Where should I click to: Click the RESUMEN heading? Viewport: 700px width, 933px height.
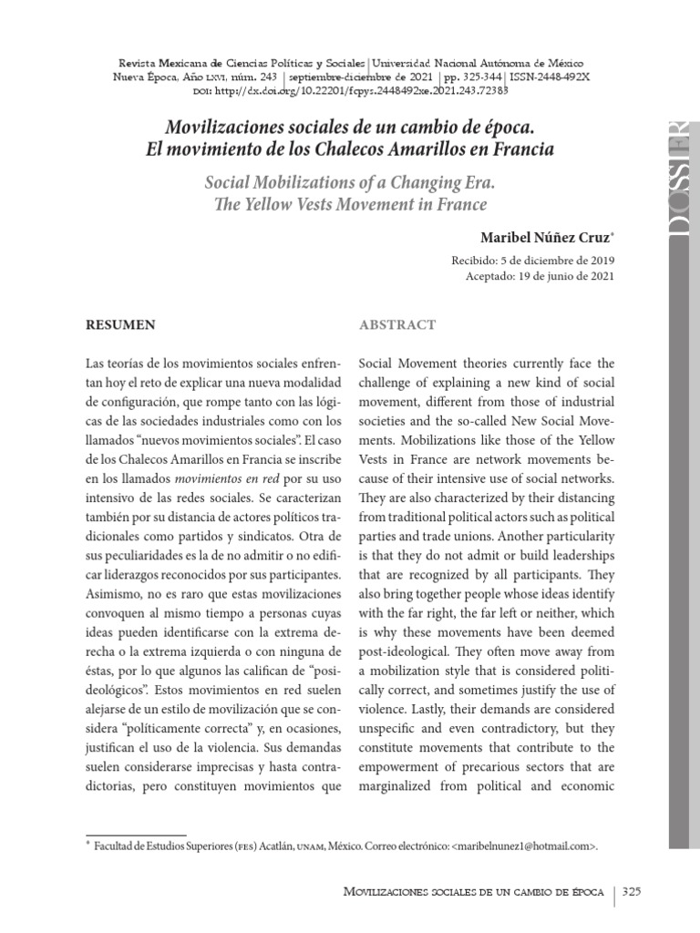pos(119,324)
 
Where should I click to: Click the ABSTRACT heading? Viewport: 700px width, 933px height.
pos(397,324)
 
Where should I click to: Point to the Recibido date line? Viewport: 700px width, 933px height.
pos(526,261)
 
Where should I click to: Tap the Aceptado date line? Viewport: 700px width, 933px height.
pos(532,277)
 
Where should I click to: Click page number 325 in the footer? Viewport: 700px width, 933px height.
pos(632,892)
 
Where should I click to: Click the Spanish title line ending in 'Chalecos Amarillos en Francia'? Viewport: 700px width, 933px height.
pos(350,147)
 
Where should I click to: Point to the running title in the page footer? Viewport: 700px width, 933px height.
pos(472,892)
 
